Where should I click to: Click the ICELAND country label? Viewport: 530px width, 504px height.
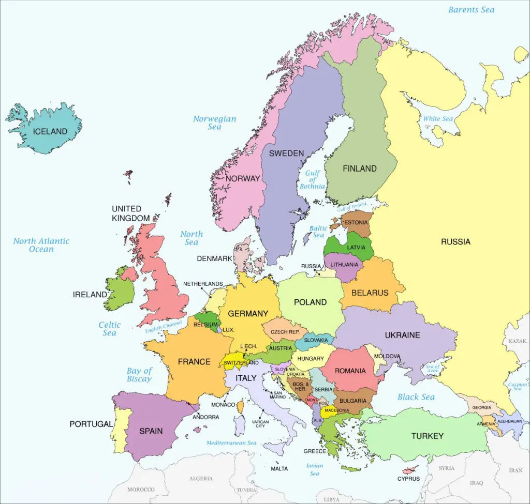(50, 131)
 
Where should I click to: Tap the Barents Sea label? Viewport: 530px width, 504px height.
(471, 10)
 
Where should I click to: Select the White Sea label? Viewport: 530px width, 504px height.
(438, 119)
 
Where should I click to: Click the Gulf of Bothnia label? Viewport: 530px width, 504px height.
(312, 179)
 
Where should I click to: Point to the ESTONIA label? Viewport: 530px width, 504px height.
(356, 223)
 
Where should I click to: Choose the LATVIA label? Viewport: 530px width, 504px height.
(356, 247)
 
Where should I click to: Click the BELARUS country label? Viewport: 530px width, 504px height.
(370, 293)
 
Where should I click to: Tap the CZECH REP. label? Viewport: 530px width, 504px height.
(285, 331)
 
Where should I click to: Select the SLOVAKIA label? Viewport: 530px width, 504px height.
(316, 340)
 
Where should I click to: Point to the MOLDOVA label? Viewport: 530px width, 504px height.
(387, 356)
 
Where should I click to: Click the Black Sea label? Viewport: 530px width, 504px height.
(416, 397)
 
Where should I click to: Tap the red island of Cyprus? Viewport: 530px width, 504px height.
(410, 470)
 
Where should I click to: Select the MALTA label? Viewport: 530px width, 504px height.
(279, 469)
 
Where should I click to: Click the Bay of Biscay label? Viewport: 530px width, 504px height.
(139, 375)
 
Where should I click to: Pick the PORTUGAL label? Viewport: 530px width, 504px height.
(91, 424)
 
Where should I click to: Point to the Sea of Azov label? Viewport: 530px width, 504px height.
(432, 369)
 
